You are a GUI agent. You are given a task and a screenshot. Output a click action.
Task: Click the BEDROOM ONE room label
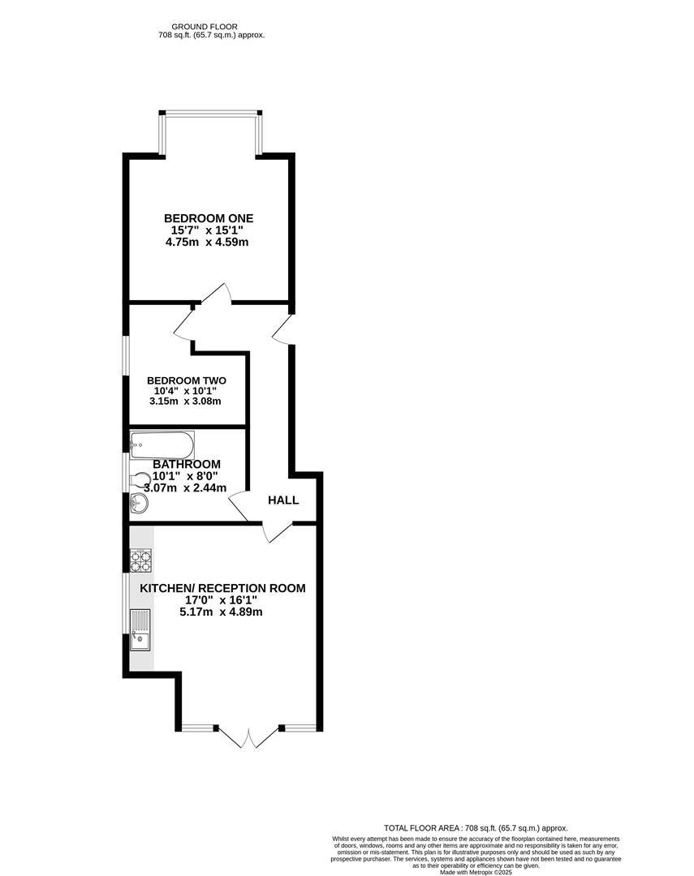209,218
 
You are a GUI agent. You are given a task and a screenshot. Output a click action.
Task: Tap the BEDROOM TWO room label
187,380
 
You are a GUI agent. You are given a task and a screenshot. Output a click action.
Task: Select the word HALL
283,500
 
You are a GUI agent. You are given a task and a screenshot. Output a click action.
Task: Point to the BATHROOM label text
187,464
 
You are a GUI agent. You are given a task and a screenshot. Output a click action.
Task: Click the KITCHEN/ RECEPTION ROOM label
222,588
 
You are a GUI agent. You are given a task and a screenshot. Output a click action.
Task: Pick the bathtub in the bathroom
162,444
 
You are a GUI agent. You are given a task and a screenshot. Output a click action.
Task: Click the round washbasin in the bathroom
140,505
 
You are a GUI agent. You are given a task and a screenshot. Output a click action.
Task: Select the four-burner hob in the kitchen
141,560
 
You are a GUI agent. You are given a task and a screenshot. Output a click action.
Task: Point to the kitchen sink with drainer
140,631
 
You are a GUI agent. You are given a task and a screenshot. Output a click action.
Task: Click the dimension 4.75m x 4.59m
206,242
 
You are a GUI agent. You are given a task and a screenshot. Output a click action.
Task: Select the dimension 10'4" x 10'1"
187,391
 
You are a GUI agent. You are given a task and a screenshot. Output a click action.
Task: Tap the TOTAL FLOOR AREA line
476,827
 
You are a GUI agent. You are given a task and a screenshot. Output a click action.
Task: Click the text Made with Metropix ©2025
476,872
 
